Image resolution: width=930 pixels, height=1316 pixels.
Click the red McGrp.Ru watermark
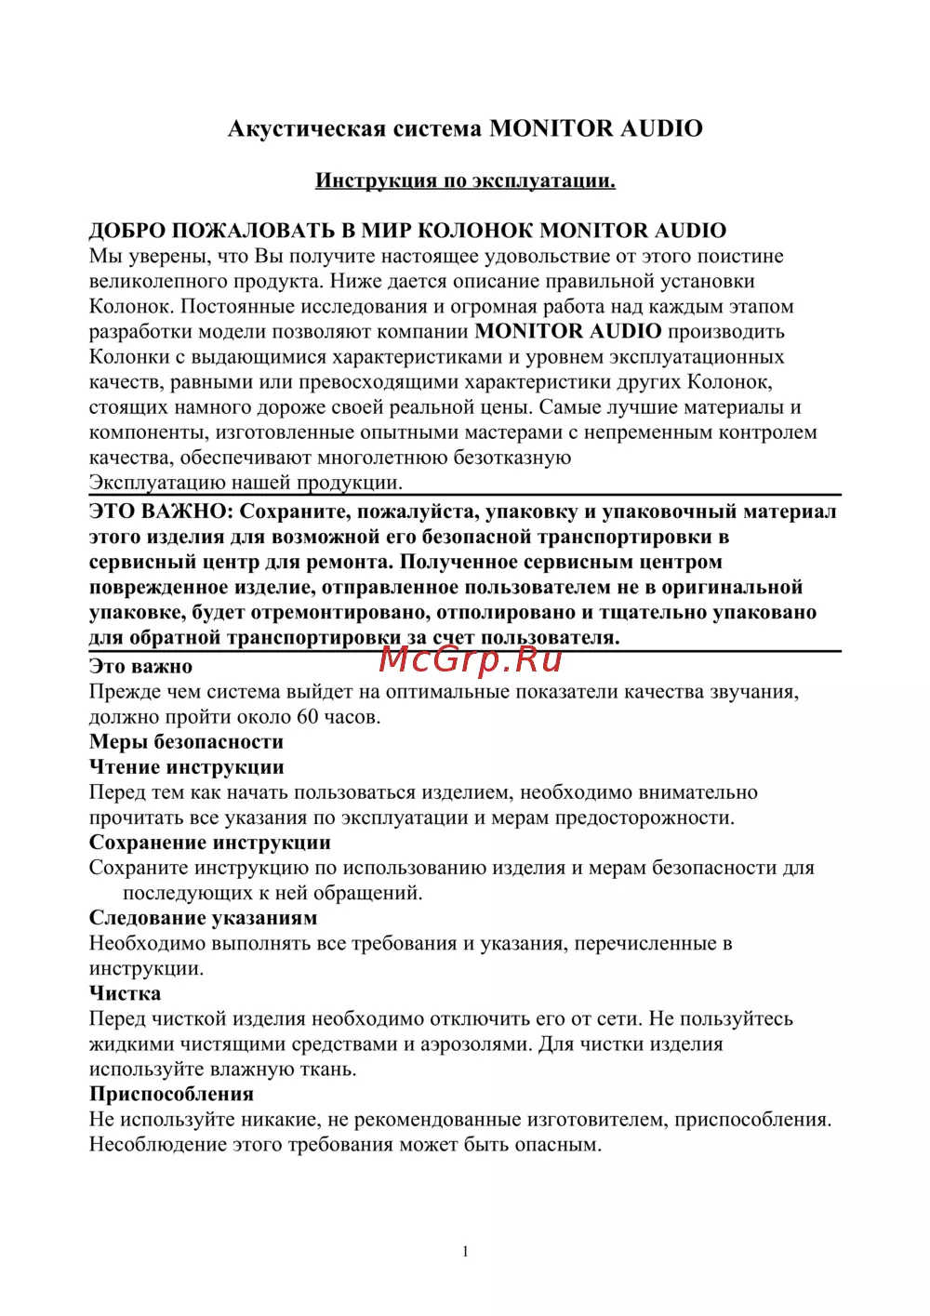(x=471, y=658)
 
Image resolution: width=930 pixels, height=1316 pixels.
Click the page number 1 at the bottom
(x=465, y=1252)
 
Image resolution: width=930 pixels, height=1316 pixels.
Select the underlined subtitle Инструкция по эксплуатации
(x=465, y=180)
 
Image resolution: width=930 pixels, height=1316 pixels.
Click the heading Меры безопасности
(x=186, y=742)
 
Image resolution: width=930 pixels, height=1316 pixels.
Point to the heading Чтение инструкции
(x=186, y=767)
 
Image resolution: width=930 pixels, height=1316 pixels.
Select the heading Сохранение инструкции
(x=209, y=843)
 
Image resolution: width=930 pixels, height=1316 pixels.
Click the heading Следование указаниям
(x=203, y=918)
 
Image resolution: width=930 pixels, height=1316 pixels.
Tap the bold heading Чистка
(x=125, y=993)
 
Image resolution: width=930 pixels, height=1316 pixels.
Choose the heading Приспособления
(x=171, y=1094)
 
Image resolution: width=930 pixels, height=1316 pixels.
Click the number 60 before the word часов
(x=307, y=717)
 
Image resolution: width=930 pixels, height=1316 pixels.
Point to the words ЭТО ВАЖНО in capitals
(x=160, y=512)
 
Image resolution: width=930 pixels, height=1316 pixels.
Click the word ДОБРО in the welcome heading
(x=126, y=231)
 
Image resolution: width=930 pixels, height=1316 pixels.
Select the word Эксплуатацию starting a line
(x=157, y=483)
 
